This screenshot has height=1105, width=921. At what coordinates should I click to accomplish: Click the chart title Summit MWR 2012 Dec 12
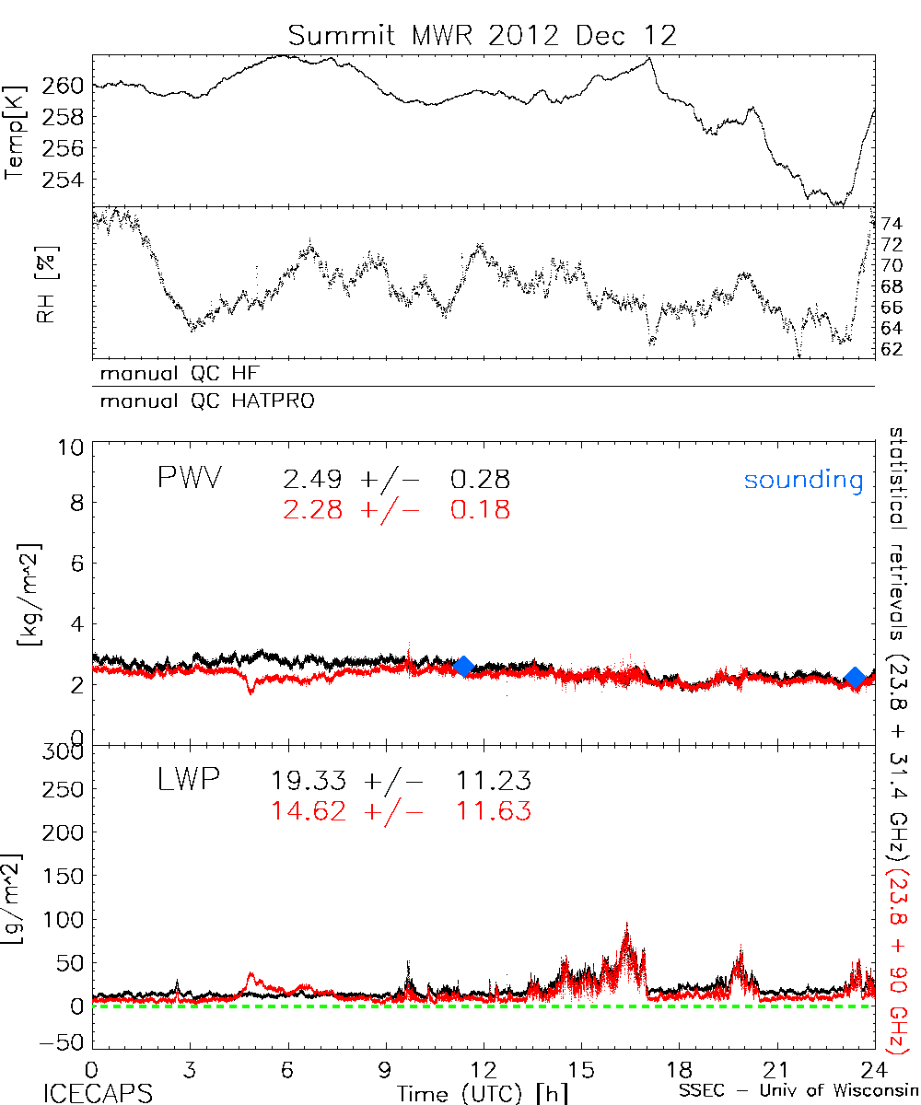coord(482,36)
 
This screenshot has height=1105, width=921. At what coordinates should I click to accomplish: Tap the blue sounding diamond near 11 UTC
coord(463,666)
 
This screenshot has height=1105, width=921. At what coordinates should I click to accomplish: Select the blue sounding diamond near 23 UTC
coord(856,678)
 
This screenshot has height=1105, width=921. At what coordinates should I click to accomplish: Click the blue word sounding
coord(803,480)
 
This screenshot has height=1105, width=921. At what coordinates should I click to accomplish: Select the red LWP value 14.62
coord(309,811)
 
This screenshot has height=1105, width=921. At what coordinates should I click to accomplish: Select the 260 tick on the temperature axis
coord(64,86)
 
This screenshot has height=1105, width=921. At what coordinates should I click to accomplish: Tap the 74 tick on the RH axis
coord(892,224)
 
